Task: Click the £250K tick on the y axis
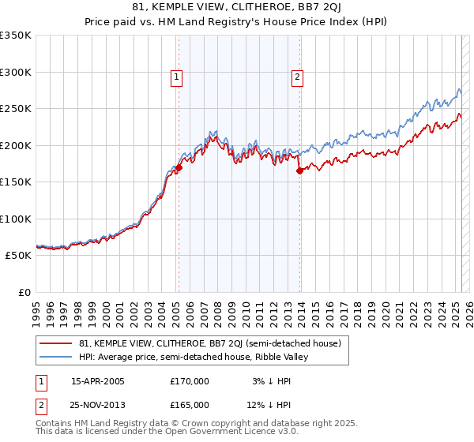[x=16, y=109]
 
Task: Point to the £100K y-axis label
[x=16, y=219]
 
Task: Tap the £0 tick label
[x=25, y=293]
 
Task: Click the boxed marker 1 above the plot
[x=175, y=77]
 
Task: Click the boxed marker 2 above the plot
[x=297, y=77]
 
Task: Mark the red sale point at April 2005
[x=179, y=167]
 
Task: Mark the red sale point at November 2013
[x=299, y=170]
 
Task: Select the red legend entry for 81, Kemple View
[x=209, y=343]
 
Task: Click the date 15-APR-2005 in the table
[x=98, y=381]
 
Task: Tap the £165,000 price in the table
[x=190, y=405]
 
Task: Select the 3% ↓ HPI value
[x=269, y=381]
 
